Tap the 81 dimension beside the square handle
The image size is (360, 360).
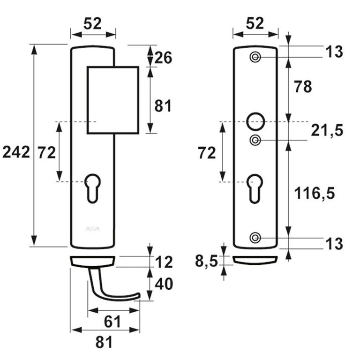coord(163,106)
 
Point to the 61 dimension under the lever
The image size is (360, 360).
coord(113,322)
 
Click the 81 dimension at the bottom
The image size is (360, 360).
coord(104,343)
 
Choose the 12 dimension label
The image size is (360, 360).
coord(164,262)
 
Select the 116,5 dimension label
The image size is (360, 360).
coord(314,193)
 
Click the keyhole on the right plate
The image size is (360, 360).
coord(255,187)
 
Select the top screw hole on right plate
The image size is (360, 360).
coord(255,58)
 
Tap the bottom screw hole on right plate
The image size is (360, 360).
coord(255,237)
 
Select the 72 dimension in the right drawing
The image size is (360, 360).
coord(207,152)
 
